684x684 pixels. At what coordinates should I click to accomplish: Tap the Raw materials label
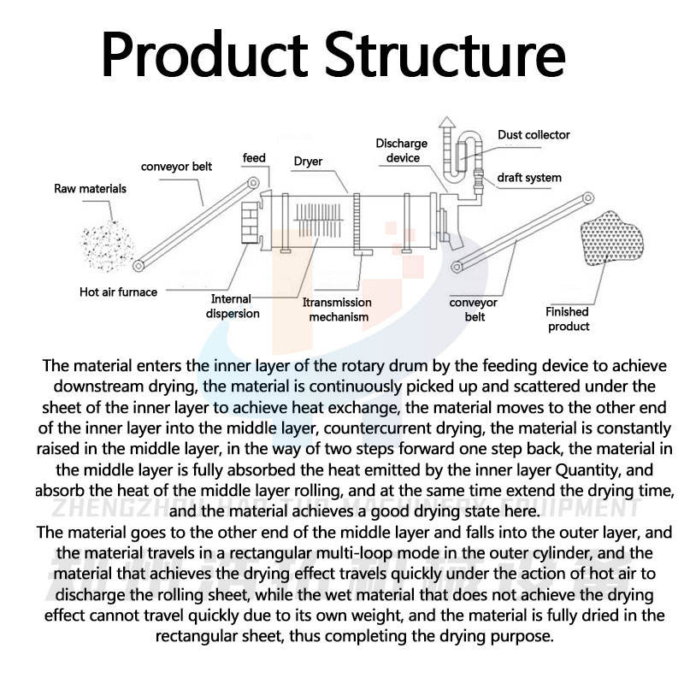[90, 188]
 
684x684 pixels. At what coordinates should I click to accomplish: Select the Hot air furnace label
[119, 292]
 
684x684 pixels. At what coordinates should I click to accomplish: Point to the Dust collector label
[534, 135]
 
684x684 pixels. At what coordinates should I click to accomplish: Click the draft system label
[530, 178]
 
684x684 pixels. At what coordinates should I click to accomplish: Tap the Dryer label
[308, 161]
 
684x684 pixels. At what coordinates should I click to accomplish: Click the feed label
[254, 158]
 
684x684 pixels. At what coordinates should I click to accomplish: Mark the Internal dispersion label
[232, 306]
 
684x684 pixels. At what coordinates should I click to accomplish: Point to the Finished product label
[569, 319]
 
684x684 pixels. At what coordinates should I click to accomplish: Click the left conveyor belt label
[177, 167]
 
